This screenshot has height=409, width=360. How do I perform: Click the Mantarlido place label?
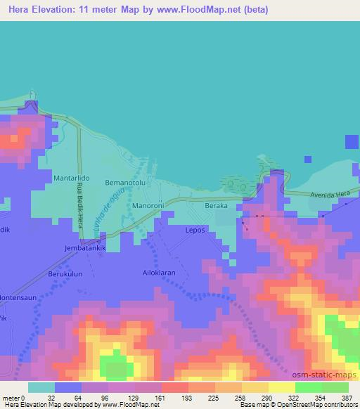(70, 179)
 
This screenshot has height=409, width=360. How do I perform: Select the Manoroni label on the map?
(148, 207)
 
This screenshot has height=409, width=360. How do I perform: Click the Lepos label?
(195, 230)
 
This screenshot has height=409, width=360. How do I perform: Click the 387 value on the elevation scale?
(347, 397)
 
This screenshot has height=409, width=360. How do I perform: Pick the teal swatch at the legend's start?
(41, 387)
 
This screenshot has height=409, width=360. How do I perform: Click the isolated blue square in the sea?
(352, 142)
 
